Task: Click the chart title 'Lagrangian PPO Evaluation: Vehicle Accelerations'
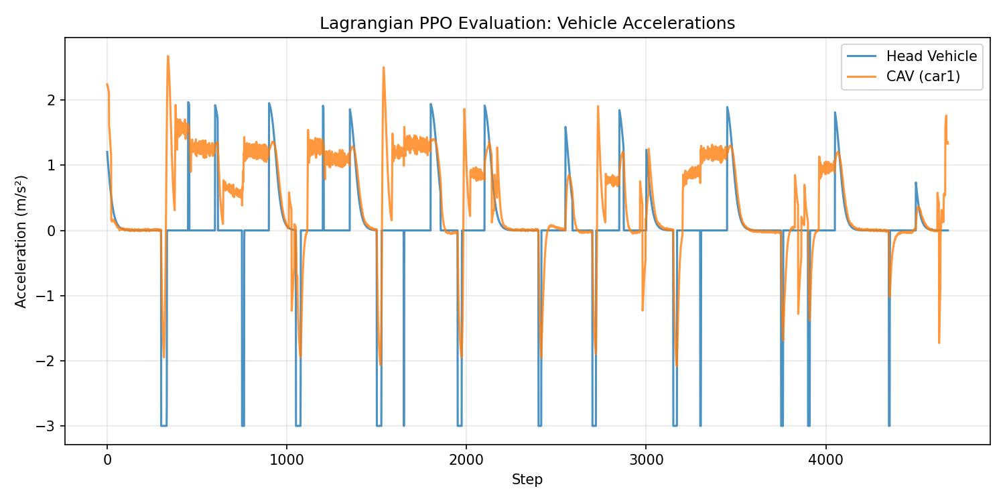(x=527, y=23)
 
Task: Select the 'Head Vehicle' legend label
(x=931, y=56)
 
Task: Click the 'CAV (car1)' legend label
(x=923, y=76)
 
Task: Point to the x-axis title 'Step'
(x=527, y=480)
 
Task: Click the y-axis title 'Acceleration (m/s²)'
(x=21, y=241)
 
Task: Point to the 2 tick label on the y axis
(x=52, y=100)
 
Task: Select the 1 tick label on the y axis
(x=52, y=166)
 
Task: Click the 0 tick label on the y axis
(x=52, y=231)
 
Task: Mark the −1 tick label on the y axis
(x=48, y=296)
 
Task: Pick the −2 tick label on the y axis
(x=48, y=361)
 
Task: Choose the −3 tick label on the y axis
(x=48, y=427)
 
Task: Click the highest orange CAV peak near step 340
(x=167, y=56)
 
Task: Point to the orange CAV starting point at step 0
(x=107, y=85)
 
